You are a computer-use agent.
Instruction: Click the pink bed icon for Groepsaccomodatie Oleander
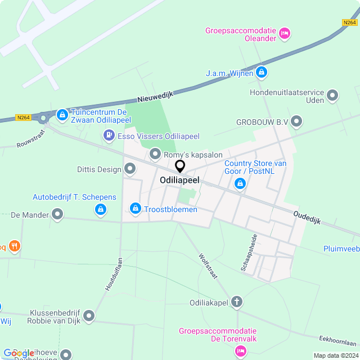point(285,34)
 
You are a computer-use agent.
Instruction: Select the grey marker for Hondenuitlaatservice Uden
point(332,96)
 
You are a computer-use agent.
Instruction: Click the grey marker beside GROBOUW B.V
point(296,121)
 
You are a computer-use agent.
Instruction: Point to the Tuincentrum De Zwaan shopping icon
point(62,115)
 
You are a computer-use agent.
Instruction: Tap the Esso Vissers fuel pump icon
point(108,136)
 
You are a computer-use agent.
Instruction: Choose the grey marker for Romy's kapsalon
point(155,154)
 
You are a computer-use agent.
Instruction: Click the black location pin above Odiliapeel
point(180,166)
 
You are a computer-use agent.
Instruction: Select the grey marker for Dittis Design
point(130,169)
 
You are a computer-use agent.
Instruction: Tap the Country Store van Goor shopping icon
point(240,183)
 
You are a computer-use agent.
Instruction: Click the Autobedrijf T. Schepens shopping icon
point(100,210)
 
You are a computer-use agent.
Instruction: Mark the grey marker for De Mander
point(57,214)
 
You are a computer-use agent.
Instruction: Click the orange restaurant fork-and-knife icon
point(15,246)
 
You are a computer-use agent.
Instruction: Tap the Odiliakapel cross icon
point(237,302)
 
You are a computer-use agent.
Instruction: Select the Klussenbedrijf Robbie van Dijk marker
point(89,317)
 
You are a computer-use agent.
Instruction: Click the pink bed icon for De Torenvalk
point(241,351)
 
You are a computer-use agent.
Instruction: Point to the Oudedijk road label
point(307,218)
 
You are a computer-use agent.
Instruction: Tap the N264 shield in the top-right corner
point(349,22)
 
